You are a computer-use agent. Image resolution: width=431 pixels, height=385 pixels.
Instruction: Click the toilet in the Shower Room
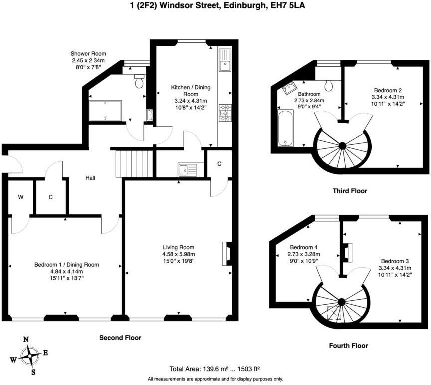point(139,81)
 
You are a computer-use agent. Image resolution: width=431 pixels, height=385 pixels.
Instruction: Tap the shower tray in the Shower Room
point(105,111)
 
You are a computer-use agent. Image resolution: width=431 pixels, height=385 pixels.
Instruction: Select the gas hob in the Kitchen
point(225,113)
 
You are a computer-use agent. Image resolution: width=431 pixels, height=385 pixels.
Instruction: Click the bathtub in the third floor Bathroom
point(286,128)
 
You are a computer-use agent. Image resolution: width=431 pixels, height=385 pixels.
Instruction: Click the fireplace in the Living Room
point(227,254)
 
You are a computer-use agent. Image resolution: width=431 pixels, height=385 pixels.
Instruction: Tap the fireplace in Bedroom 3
point(347,251)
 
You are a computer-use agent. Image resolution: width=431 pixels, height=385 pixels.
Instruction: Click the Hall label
point(90,178)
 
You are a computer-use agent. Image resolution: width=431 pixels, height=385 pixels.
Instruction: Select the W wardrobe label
point(21,197)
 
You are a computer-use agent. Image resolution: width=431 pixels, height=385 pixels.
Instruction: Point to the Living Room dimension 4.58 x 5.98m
point(179,254)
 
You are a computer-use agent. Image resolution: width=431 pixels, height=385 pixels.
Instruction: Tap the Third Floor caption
point(350,191)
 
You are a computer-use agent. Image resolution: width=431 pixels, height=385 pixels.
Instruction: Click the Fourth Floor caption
point(348,346)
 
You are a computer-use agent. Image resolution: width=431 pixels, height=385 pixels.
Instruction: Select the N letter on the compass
point(26,339)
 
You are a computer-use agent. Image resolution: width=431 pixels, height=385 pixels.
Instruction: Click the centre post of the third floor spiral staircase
point(342,146)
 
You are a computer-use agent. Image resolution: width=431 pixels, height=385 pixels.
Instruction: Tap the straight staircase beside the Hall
point(134,163)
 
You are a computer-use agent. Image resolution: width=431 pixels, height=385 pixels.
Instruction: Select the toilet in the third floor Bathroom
point(328,85)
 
